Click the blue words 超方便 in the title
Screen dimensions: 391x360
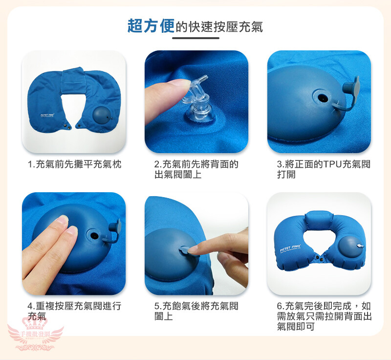[x=151, y=26]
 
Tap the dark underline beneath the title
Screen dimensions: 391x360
[x=195, y=38]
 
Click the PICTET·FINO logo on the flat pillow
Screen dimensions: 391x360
[x=47, y=115]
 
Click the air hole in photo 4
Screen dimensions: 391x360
[x=94, y=235]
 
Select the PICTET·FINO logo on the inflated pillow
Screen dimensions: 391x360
[x=290, y=248]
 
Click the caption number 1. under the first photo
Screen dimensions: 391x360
[x=31, y=165]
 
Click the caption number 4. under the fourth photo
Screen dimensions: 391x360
[x=31, y=306]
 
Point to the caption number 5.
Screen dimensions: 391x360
[x=157, y=306]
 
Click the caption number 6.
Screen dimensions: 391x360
[x=280, y=306]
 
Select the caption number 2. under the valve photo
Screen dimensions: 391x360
[x=157, y=165]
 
